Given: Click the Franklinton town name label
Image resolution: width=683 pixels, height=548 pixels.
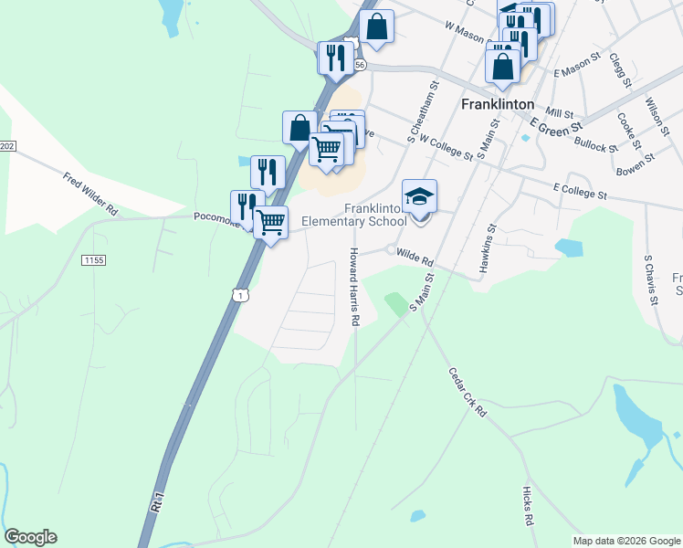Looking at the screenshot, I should (x=498, y=104).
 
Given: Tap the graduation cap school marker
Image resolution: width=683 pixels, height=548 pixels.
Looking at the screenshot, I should (x=420, y=197).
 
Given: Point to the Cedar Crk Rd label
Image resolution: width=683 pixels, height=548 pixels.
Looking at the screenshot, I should (x=468, y=393).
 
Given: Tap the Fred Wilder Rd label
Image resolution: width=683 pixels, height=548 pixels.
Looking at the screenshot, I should (x=90, y=194).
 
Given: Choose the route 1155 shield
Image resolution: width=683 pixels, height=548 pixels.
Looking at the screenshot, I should (x=93, y=260).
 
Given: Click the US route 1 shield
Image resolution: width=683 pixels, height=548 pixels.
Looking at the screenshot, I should (x=239, y=294).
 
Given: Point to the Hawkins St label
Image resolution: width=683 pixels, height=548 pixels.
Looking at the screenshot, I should (x=488, y=249).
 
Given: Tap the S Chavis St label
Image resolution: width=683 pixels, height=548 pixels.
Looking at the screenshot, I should (x=649, y=275).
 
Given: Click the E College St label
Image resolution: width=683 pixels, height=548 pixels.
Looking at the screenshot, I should (x=580, y=193).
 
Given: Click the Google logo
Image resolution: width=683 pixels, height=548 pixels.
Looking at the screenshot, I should (x=30, y=537).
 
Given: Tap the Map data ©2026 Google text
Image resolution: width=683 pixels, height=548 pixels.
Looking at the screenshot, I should (x=625, y=541).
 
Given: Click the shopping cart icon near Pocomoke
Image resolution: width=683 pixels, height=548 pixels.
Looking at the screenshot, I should (x=271, y=222).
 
